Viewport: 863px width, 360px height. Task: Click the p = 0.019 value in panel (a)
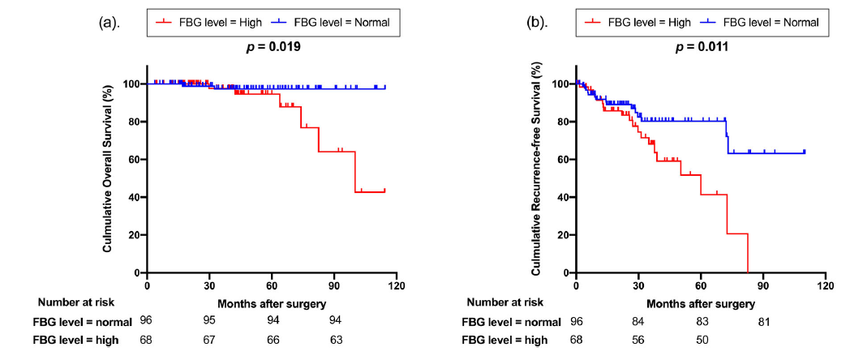click(x=274, y=47)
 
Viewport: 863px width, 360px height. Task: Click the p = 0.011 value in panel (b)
click(x=703, y=47)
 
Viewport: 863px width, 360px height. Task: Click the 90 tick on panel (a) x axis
click(x=334, y=285)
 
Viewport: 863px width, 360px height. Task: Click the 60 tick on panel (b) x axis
click(x=700, y=285)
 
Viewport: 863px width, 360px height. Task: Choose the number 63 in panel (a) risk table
click(x=335, y=340)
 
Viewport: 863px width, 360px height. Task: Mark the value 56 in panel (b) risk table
click(x=638, y=340)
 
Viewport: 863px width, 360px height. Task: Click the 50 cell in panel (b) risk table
click(x=701, y=340)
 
